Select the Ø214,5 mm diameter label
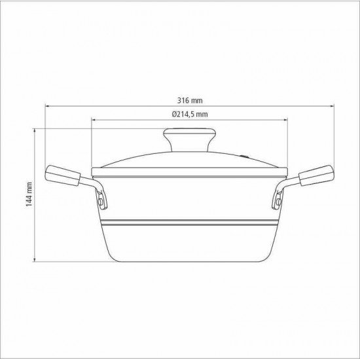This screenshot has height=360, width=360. point(190,115)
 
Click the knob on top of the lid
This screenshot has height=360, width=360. point(190,139)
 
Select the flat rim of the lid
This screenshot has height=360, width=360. point(190,172)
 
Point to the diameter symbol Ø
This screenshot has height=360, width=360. point(174,115)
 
